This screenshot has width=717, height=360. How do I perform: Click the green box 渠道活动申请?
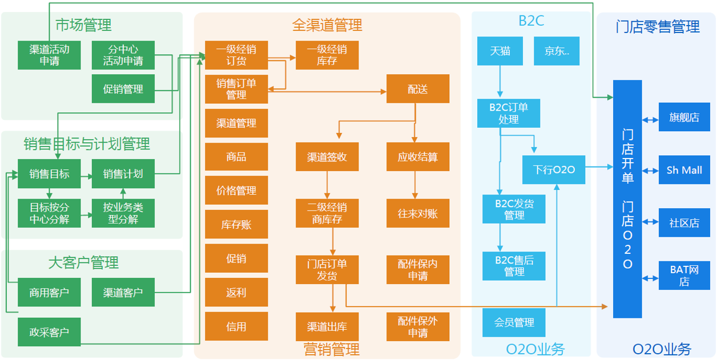(49, 55)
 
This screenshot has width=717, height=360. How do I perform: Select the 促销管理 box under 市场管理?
(123, 88)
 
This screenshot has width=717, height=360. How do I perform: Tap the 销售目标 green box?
(49, 173)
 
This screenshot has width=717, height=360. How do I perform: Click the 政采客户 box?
(49, 331)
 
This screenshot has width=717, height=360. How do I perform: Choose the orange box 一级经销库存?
(327, 55)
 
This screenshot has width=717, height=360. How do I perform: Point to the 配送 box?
(417, 88)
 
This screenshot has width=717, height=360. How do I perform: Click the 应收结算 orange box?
(417, 156)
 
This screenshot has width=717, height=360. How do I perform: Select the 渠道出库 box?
(327, 326)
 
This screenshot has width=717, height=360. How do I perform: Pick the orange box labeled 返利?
(236, 293)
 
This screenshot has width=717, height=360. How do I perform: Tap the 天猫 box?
(500, 51)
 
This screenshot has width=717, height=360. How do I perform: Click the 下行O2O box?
(554, 169)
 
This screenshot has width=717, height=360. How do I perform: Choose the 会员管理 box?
(514, 322)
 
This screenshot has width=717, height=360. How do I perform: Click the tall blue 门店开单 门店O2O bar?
(627, 199)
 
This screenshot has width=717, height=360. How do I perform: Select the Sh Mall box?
(684, 169)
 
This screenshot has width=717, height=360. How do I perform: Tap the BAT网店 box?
(684, 275)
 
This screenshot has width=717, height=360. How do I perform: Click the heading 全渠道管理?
(327, 25)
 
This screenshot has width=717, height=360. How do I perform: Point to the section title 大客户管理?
(83, 262)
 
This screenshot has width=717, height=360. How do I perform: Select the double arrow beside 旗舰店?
(650, 119)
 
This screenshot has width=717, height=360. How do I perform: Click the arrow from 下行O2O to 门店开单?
(599, 167)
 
